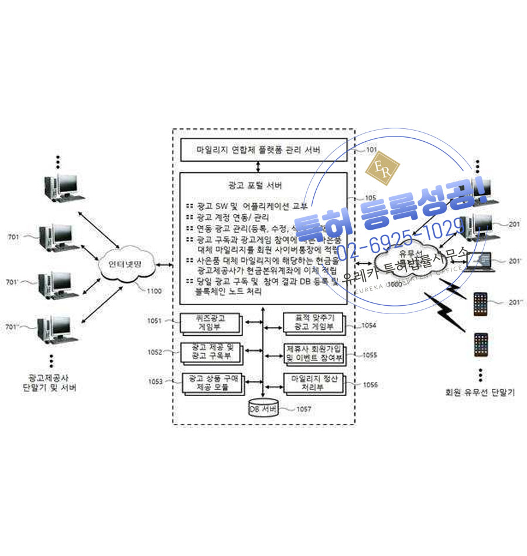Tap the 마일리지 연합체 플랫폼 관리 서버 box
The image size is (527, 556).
pos(258,149)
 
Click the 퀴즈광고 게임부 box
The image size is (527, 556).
pos(211,323)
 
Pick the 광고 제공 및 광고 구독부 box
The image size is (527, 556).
pos(211,352)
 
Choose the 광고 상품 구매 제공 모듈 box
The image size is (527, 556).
pos(211,383)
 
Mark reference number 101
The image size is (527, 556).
pos(371,150)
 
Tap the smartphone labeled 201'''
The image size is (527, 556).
pos(481,303)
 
